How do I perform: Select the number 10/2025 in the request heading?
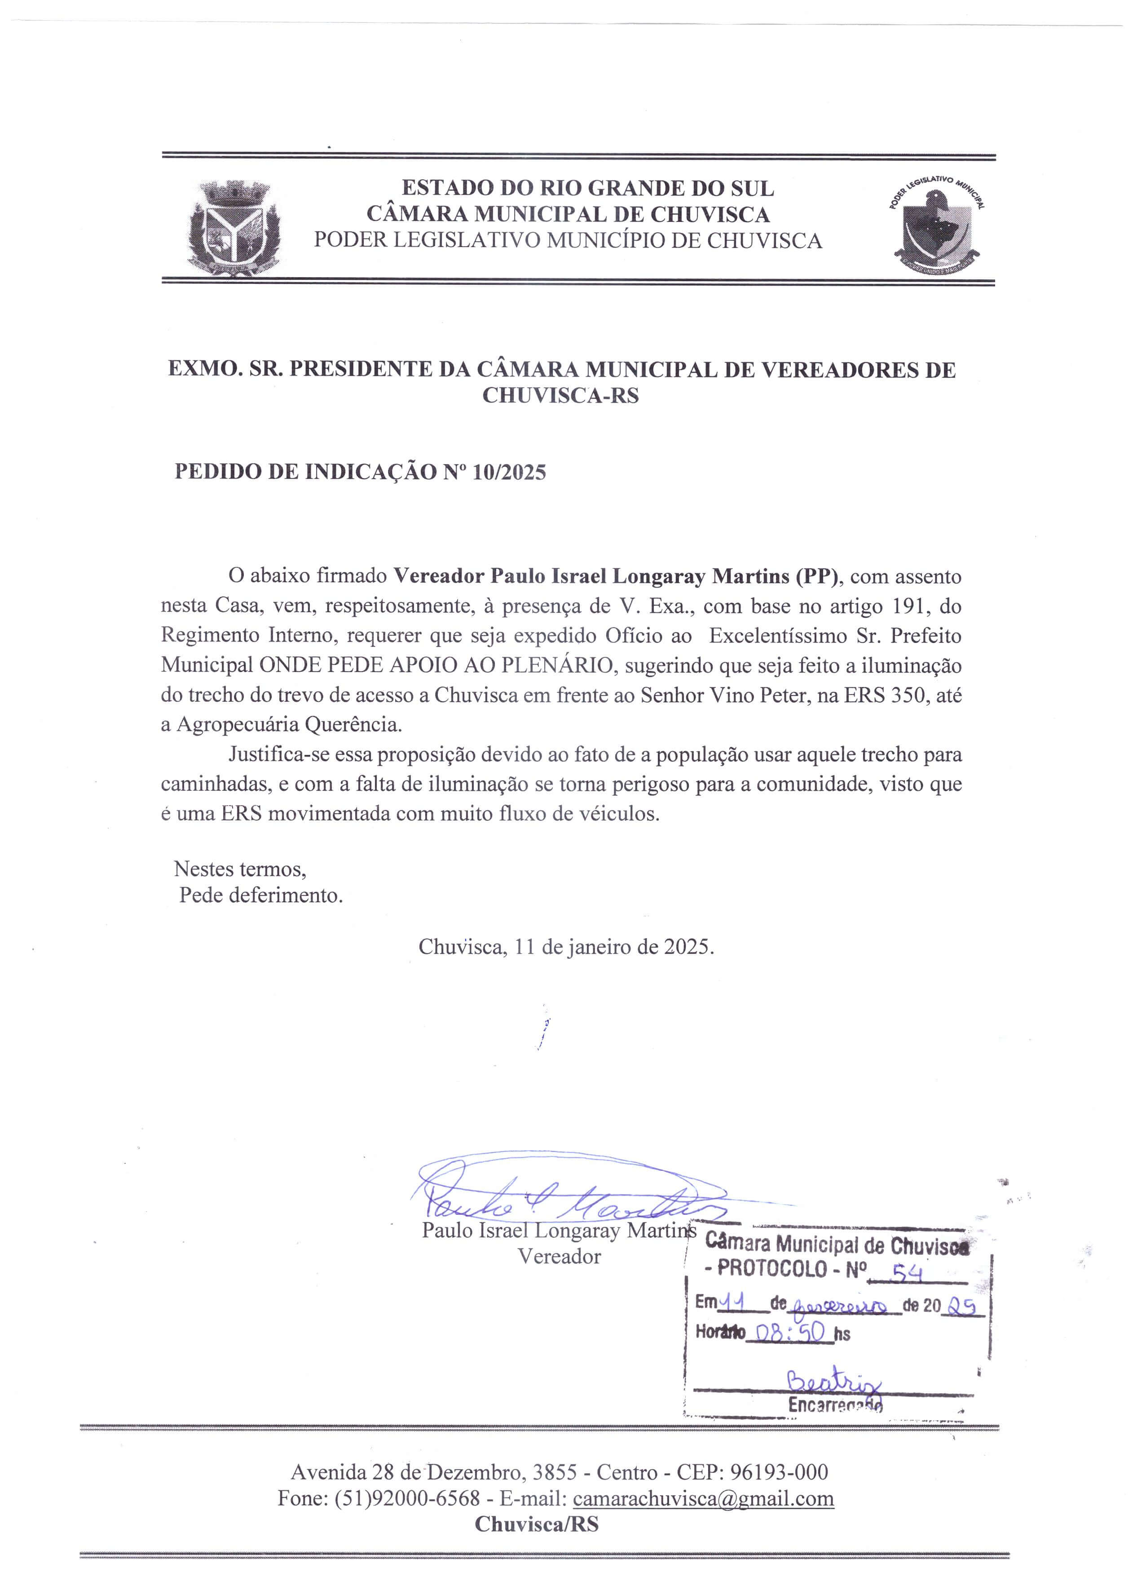pos(509,472)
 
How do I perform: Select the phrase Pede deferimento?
pos(261,895)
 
